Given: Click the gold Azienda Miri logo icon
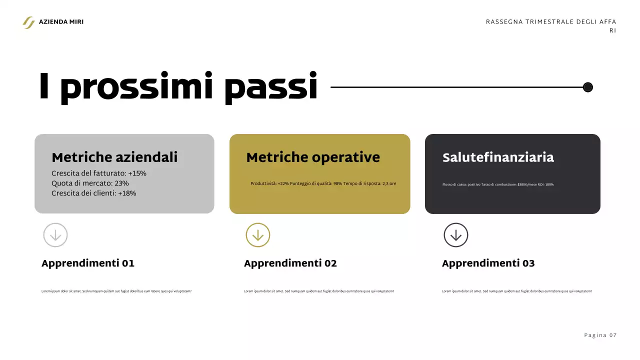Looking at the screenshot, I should pyautogui.click(x=28, y=22).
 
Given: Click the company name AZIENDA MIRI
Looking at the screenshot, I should pyautogui.click(x=61, y=22).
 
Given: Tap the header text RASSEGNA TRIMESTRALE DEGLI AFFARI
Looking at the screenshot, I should pyautogui.click(x=550, y=22).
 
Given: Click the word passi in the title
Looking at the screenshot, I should pyautogui.click(x=270, y=87).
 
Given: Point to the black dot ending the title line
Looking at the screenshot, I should pyautogui.click(x=588, y=87).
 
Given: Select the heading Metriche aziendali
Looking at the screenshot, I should pyautogui.click(x=114, y=157).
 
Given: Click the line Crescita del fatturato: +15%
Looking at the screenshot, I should pyautogui.click(x=99, y=173).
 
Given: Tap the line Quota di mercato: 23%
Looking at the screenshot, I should pyautogui.click(x=90, y=183).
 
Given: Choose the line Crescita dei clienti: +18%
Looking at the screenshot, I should pyautogui.click(x=93, y=193).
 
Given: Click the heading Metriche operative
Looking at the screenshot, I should pyautogui.click(x=313, y=157).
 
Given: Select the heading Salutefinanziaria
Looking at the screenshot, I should pyautogui.click(x=498, y=157).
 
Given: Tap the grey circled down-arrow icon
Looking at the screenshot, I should pyautogui.click(x=55, y=235).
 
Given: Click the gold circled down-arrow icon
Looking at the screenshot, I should pyautogui.click(x=258, y=235).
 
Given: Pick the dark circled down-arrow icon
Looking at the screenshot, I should pyautogui.click(x=456, y=235).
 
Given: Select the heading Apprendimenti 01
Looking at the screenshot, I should pyautogui.click(x=88, y=263).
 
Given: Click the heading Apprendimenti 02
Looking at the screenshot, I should pyautogui.click(x=290, y=263).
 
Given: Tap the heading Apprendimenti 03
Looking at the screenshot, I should pyautogui.click(x=488, y=263).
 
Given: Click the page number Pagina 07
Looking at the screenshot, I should pyautogui.click(x=600, y=335).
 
